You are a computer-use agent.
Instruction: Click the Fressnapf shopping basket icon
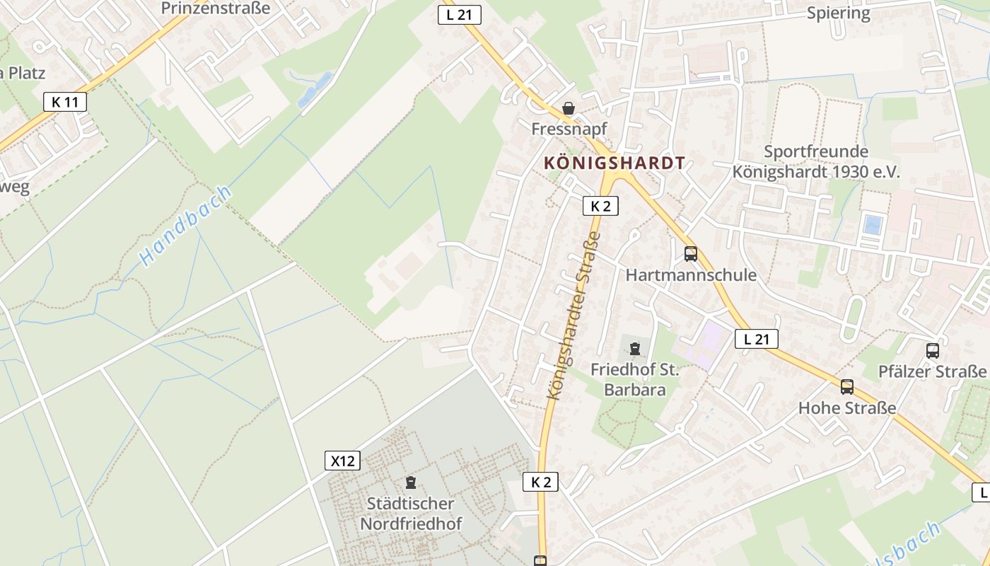[x=568, y=108]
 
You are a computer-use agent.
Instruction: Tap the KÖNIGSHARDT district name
[x=615, y=163]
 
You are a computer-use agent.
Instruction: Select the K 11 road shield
[x=64, y=102]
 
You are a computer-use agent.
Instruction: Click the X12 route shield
[x=342, y=461]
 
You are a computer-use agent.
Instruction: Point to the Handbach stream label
[x=185, y=226]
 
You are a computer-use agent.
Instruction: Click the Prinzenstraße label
[x=216, y=8]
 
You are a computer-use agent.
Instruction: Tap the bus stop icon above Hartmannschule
[x=690, y=253]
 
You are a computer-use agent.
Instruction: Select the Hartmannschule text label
[x=691, y=275]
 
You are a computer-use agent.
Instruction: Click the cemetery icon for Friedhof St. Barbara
[x=634, y=348]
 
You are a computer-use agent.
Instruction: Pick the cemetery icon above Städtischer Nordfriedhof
[x=410, y=483]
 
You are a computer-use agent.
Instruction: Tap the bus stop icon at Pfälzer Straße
[x=932, y=350]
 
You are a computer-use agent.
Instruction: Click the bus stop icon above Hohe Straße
[x=846, y=387]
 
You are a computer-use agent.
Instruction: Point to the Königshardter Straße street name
[x=573, y=315]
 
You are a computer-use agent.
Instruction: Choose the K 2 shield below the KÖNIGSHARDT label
[x=600, y=206]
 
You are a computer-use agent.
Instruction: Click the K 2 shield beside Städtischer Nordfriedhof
[x=540, y=482]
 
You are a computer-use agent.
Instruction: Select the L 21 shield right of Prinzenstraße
[x=460, y=14]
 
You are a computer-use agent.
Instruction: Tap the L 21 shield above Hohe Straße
[x=756, y=339]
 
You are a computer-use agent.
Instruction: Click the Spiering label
[x=839, y=13]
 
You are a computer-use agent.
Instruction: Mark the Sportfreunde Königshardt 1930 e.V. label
[x=816, y=162]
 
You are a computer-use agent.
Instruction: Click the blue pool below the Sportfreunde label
[x=873, y=224]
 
